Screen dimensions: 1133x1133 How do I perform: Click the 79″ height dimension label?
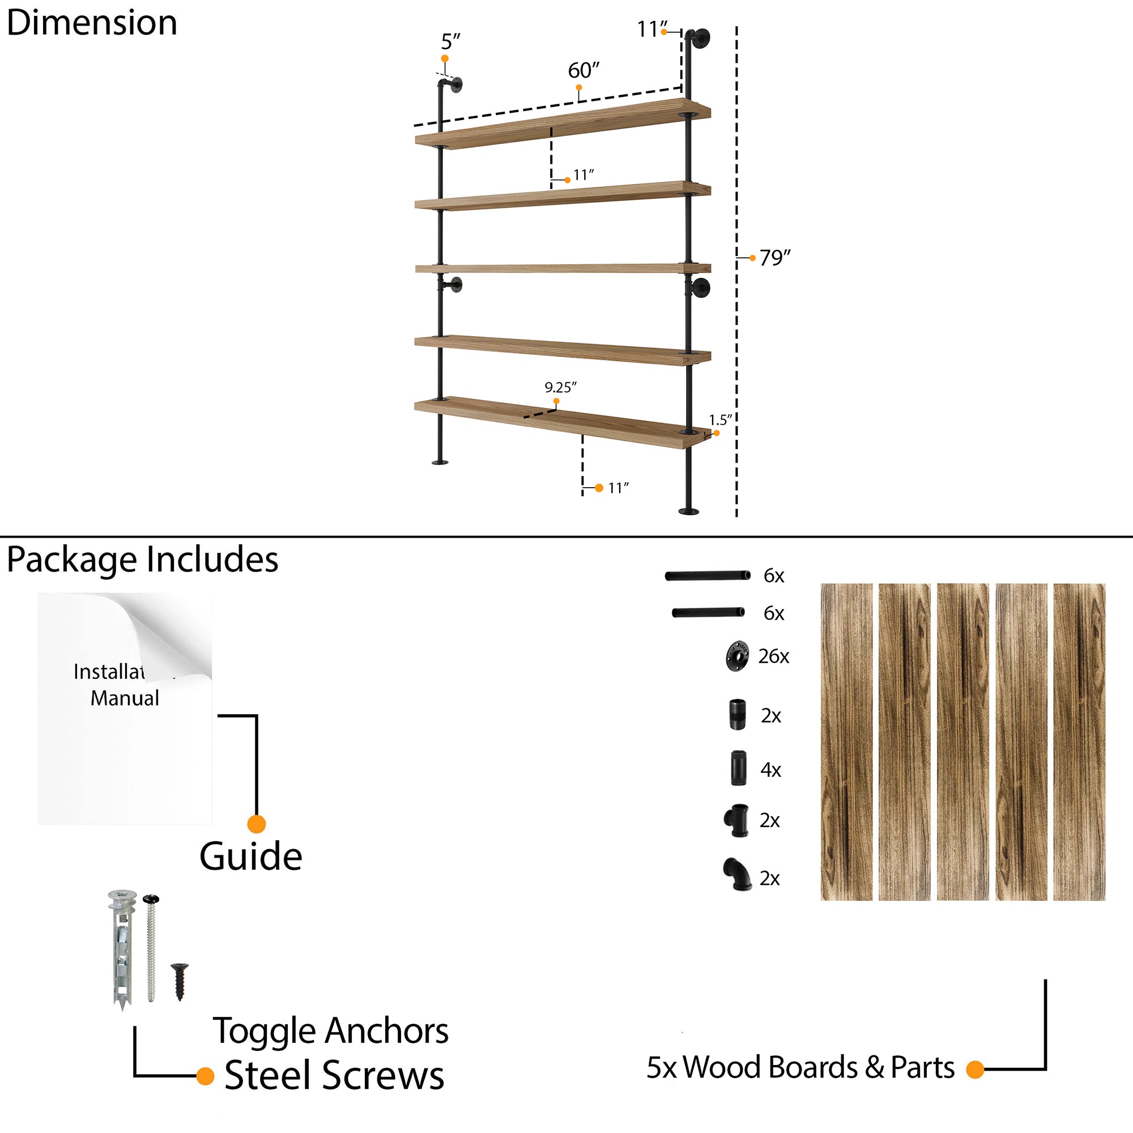coord(774,257)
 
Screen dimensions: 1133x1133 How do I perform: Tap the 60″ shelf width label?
coord(583,70)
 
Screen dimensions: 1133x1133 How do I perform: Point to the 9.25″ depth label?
coord(560,387)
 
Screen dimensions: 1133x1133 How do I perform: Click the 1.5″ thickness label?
coord(719,420)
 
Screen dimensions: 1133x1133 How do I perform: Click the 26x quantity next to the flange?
coord(773,656)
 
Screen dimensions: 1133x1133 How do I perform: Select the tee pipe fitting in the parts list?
coord(736,819)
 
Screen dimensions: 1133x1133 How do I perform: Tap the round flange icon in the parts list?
coord(737,655)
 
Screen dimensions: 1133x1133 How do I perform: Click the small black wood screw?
coord(180,981)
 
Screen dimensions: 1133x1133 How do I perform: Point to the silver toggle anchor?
coord(122,948)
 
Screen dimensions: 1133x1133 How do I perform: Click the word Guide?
coord(250,857)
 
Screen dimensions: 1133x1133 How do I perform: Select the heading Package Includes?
coord(142,559)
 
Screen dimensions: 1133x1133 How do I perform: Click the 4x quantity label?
coord(770,769)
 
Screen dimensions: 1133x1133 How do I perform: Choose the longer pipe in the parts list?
coord(707,576)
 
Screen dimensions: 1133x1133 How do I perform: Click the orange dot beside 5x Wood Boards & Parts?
coord(974,1070)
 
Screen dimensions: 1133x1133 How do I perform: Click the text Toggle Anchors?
coord(330,1030)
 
